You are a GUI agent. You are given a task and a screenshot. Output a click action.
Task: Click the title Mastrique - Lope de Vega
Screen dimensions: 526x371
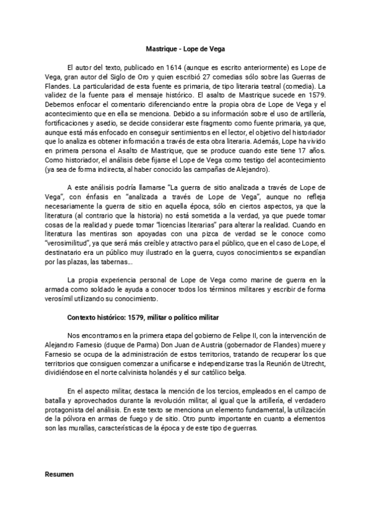185,48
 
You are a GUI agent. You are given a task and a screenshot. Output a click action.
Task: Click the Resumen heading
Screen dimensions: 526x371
59,475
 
